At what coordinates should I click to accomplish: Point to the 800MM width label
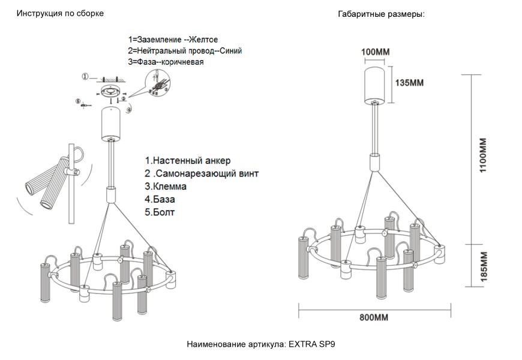pos(374,317)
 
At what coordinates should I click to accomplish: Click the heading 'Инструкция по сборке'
pos(56,13)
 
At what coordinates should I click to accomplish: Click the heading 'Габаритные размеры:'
pos(382,14)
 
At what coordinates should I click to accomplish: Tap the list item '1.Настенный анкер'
pos(187,161)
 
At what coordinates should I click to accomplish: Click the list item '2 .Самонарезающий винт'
pos(202,174)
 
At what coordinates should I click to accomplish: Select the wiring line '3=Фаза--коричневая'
pos(166,62)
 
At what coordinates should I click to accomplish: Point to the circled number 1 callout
pos(85,77)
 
